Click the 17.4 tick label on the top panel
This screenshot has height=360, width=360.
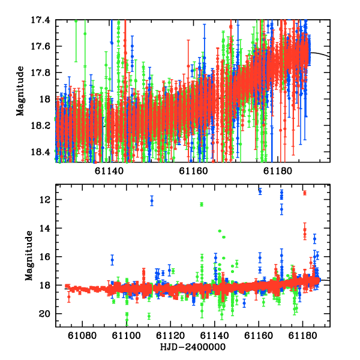[x=40, y=20]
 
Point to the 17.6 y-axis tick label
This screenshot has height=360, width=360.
[x=40, y=46]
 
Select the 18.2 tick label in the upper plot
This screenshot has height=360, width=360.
[x=40, y=125]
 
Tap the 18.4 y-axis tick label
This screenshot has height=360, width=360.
[x=40, y=152]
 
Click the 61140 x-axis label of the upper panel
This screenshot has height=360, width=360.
[x=109, y=171]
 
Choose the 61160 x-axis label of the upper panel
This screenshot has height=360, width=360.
[x=193, y=171]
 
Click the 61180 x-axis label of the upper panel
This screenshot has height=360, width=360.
[x=278, y=171]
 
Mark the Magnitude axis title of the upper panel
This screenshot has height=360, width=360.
[x=20, y=91]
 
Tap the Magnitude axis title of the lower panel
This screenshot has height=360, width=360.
[x=29, y=256]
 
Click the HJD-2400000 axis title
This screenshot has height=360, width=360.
[x=193, y=347]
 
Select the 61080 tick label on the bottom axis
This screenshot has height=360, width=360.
[x=82, y=335]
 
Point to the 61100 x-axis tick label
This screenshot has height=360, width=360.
[x=126, y=335]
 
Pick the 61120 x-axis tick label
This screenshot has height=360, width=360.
[x=170, y=335]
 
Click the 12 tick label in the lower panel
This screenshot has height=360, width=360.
[x=45, y=200]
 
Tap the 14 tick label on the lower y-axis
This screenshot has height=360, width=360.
[x=45, y=228]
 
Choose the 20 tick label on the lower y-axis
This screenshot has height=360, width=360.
[x=44, y=314]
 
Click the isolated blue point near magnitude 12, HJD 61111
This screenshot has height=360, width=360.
[x=152, y=201]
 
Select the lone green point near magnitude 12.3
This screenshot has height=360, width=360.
[x=202, y=205]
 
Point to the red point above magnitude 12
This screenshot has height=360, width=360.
[x=305, y=193]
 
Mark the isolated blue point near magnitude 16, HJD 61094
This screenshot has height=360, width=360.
[x=112, y=260]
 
